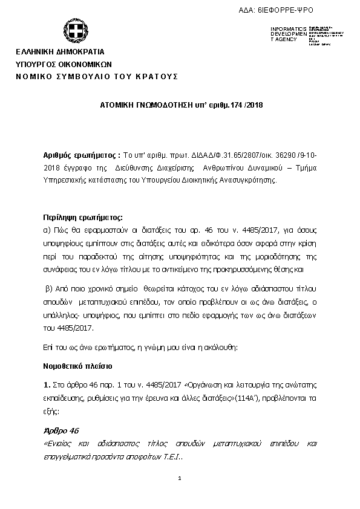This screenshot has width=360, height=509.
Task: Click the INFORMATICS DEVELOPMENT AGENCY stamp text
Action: [284, 34]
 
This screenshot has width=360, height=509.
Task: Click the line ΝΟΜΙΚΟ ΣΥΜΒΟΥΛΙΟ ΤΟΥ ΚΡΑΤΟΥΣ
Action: [97, 77]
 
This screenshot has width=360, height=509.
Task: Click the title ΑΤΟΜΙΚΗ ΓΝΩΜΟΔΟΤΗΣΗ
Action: [139, 105]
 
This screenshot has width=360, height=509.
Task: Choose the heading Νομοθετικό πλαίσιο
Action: [77, 366]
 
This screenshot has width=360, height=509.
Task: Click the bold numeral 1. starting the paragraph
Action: [47, 384]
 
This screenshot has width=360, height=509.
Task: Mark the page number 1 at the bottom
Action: [180, 479]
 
